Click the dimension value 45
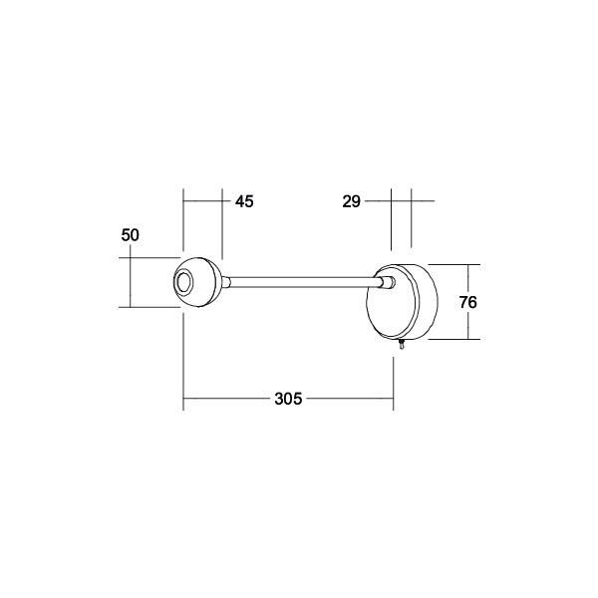[244, 201]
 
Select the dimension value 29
[350, 201]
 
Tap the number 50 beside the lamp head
[130, 235]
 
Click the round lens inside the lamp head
[184, 285]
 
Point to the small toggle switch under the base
[401, 346]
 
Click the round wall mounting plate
[404, 302]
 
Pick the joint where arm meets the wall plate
[385, 285]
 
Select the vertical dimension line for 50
[130, 283]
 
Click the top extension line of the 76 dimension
[453, 265]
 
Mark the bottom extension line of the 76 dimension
[453, 340]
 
